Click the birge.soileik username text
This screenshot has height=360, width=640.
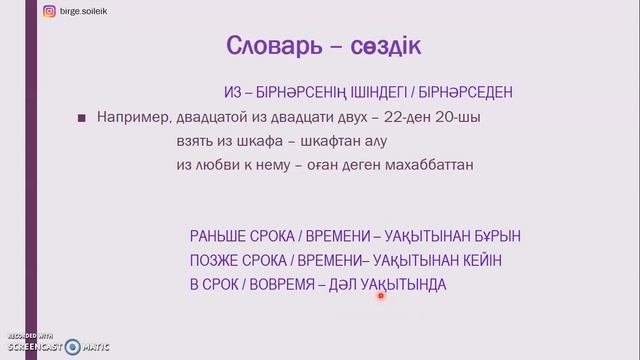92,11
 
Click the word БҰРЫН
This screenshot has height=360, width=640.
494,237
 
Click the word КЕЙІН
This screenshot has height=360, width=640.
478,261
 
